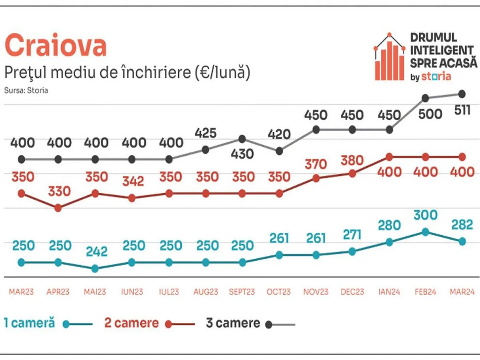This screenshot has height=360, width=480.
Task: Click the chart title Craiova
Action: [56, 46]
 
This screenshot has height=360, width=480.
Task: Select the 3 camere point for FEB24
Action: [426, 98]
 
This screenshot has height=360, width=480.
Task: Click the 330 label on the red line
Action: [59, 191]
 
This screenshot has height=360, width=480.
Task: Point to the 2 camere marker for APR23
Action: [58, 208]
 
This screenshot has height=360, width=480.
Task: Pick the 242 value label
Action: [96, 252]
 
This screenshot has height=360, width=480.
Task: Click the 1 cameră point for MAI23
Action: [95, 269]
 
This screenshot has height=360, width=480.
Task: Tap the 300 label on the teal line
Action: [425, 215]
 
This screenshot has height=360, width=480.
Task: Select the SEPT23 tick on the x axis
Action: [242, 292]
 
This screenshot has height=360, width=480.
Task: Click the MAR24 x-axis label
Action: [462, 292]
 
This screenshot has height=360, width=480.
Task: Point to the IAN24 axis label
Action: [388, 292]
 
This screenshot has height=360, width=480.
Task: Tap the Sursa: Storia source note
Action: [26, 90]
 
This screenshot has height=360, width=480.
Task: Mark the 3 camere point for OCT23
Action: [279, 151]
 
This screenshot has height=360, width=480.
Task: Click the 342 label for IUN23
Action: [133, 181]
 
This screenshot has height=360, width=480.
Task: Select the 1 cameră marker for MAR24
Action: [462, 241]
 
